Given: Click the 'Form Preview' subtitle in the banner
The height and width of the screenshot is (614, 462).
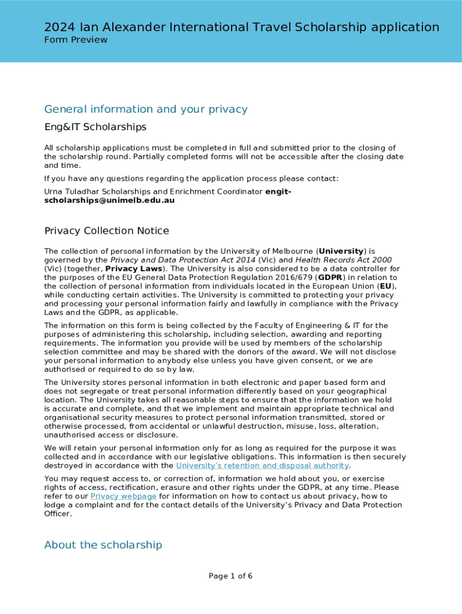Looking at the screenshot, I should click(76, 40).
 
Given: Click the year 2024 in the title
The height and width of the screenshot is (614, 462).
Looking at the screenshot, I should click(59, 27).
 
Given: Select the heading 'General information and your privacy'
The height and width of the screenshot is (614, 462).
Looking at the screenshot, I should click(146, 109).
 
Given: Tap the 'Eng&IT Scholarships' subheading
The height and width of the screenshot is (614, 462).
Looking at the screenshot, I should click(95, 127).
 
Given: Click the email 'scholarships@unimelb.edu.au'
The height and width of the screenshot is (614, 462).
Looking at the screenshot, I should click(109, 200).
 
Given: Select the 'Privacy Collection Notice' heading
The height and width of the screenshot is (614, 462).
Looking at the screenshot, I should click(107, 231).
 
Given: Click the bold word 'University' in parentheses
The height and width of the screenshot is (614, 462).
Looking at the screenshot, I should click(341, 251).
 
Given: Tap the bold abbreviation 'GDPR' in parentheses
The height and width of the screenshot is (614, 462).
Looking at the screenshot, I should click(331, 278).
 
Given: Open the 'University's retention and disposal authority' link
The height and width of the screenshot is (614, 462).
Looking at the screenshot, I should click(262, 466).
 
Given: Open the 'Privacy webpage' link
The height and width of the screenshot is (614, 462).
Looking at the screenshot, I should click(124, 496).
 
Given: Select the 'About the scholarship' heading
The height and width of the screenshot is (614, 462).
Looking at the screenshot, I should click(103, 545).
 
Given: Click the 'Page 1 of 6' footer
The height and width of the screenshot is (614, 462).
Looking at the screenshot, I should click(230, 576).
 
